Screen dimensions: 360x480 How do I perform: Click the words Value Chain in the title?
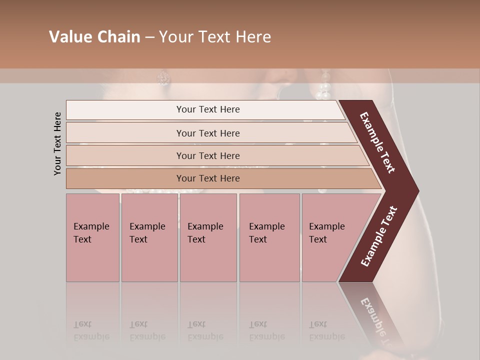[x=94, y=37]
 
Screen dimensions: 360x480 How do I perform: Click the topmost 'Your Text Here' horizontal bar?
[x=208, y=109]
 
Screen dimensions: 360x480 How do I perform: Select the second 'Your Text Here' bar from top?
[x=208, y=133]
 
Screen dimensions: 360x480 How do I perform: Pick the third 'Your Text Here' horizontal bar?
[x=208, y=155]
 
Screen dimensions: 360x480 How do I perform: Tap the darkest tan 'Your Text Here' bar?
[x=208, y=178]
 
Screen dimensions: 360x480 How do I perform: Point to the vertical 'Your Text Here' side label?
[x=58, y=143]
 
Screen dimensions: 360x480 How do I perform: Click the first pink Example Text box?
[x=92, y=237]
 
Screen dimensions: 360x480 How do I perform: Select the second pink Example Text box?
[x=149, y=237]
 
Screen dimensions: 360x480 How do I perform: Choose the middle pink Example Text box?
[x=208, y=237]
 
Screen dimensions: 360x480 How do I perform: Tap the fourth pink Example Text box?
[x=269, y=237]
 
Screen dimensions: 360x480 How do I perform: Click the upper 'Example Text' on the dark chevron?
[x=377, y=142]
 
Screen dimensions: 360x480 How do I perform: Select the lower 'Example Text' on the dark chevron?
[x=378, y=236]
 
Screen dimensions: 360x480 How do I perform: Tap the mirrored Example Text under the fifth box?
[x=326, y=330]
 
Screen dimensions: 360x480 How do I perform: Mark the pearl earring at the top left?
[x=163, y=78]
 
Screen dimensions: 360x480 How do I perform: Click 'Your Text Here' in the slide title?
[x=215, y=37]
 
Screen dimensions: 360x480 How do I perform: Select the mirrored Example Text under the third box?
[x=205, y=330]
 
